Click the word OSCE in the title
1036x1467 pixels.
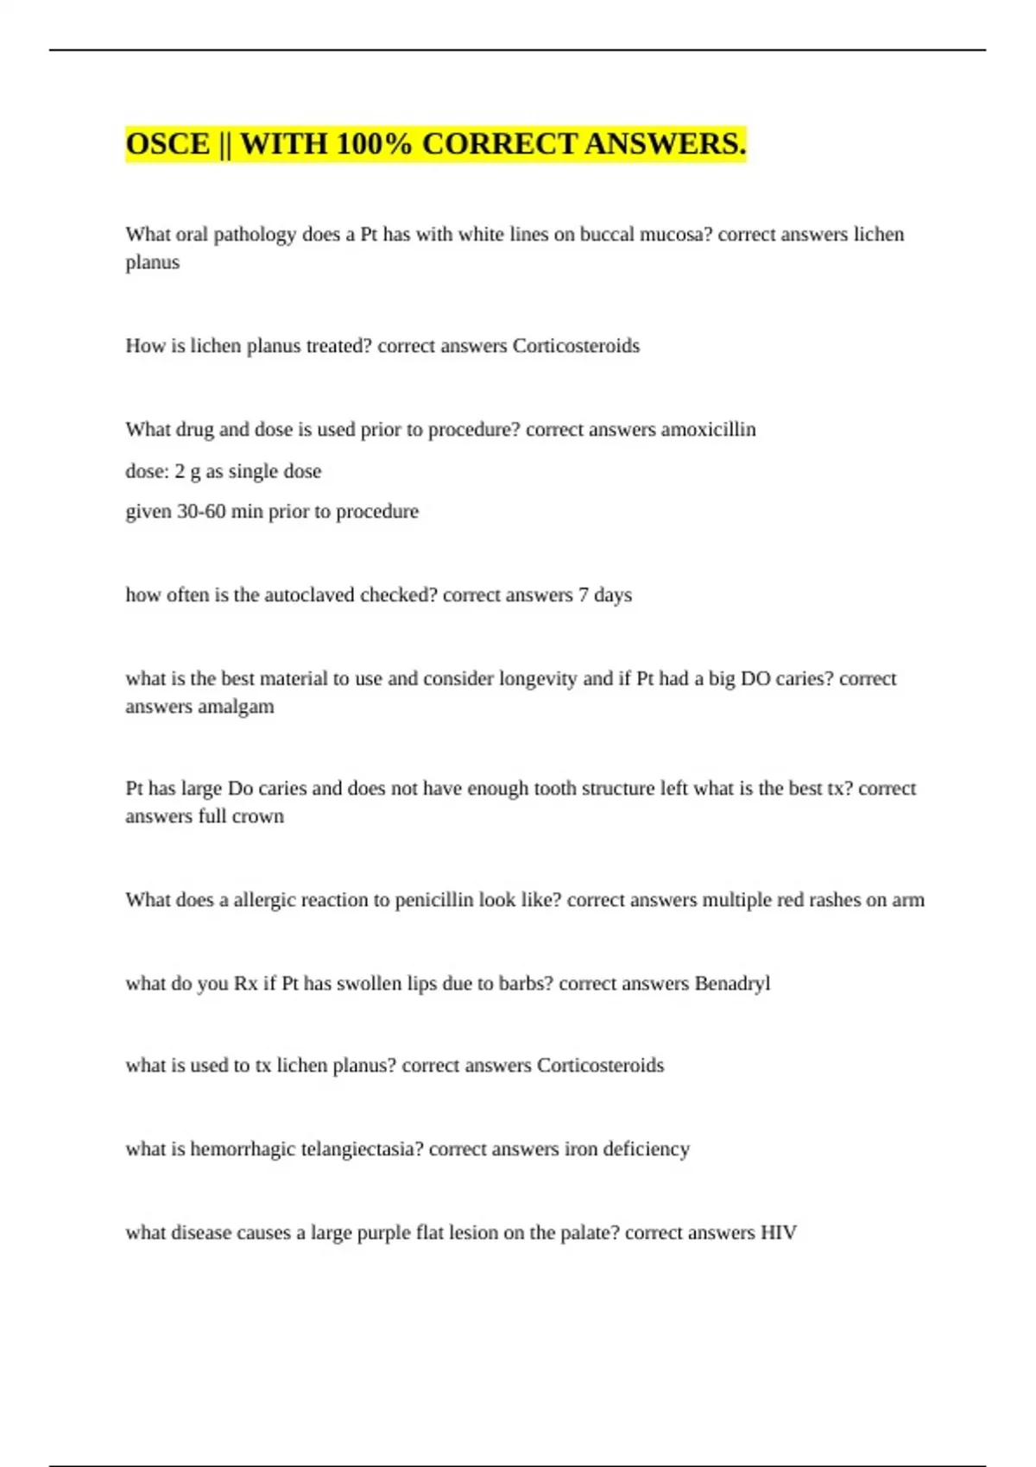[167, 144]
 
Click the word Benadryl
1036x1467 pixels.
[732, 984]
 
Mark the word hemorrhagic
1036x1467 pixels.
[243, 1149]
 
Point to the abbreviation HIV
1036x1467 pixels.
[778, 1233]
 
